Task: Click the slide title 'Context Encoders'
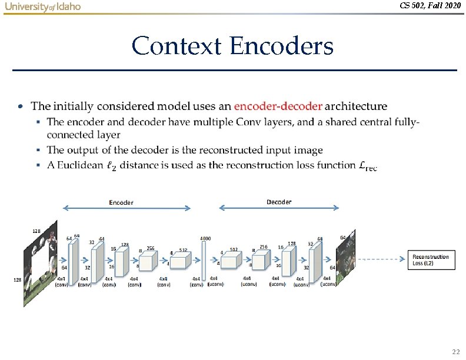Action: click(232, 46)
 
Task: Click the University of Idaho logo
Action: click(42, 6)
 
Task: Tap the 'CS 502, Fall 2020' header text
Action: click(430, 6)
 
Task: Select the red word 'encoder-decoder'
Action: click(278, 106)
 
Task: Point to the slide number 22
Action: click(455, 352)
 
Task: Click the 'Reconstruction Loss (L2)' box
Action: click(431, 259)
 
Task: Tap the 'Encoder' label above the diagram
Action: click(121, 202)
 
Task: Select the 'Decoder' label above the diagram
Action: click(278, 202)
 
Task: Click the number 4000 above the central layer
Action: click(205, 238)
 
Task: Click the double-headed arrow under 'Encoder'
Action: click(127, 208)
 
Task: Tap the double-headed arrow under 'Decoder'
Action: click(279, 208)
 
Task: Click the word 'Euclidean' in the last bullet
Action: click(76, 165)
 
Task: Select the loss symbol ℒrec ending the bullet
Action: click(367, 166)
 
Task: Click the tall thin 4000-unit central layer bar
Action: click(204, 262)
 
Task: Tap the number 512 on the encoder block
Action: click(183, 250)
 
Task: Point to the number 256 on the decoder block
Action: click(262, 247)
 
